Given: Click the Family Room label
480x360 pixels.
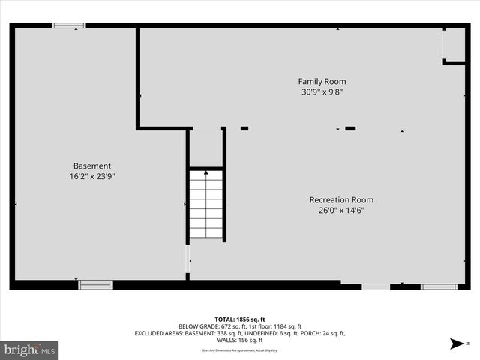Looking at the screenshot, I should pos(322,81).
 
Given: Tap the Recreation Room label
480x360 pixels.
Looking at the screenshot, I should pos(341,200).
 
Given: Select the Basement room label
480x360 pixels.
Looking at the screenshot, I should pos(92,166).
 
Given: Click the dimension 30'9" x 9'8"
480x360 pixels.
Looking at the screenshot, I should pos(322,92).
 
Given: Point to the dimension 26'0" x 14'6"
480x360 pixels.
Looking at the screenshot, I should pos(341,211).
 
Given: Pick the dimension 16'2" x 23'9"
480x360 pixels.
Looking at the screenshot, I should pos(92,177).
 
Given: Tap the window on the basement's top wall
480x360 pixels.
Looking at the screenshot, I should pos(68,25).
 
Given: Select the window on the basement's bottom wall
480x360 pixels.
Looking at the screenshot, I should pos(95,284).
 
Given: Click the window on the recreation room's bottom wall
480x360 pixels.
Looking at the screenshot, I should pos(438,286).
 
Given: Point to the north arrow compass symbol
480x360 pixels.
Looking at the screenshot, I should pos(456,344).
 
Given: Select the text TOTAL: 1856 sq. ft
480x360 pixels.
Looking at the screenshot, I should pos(240,319).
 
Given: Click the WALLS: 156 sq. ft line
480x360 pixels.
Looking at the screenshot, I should pos(240,340).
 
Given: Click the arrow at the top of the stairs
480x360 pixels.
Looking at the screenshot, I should pos(205,173).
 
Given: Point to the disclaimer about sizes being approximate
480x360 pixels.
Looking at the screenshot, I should pos(240,350).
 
